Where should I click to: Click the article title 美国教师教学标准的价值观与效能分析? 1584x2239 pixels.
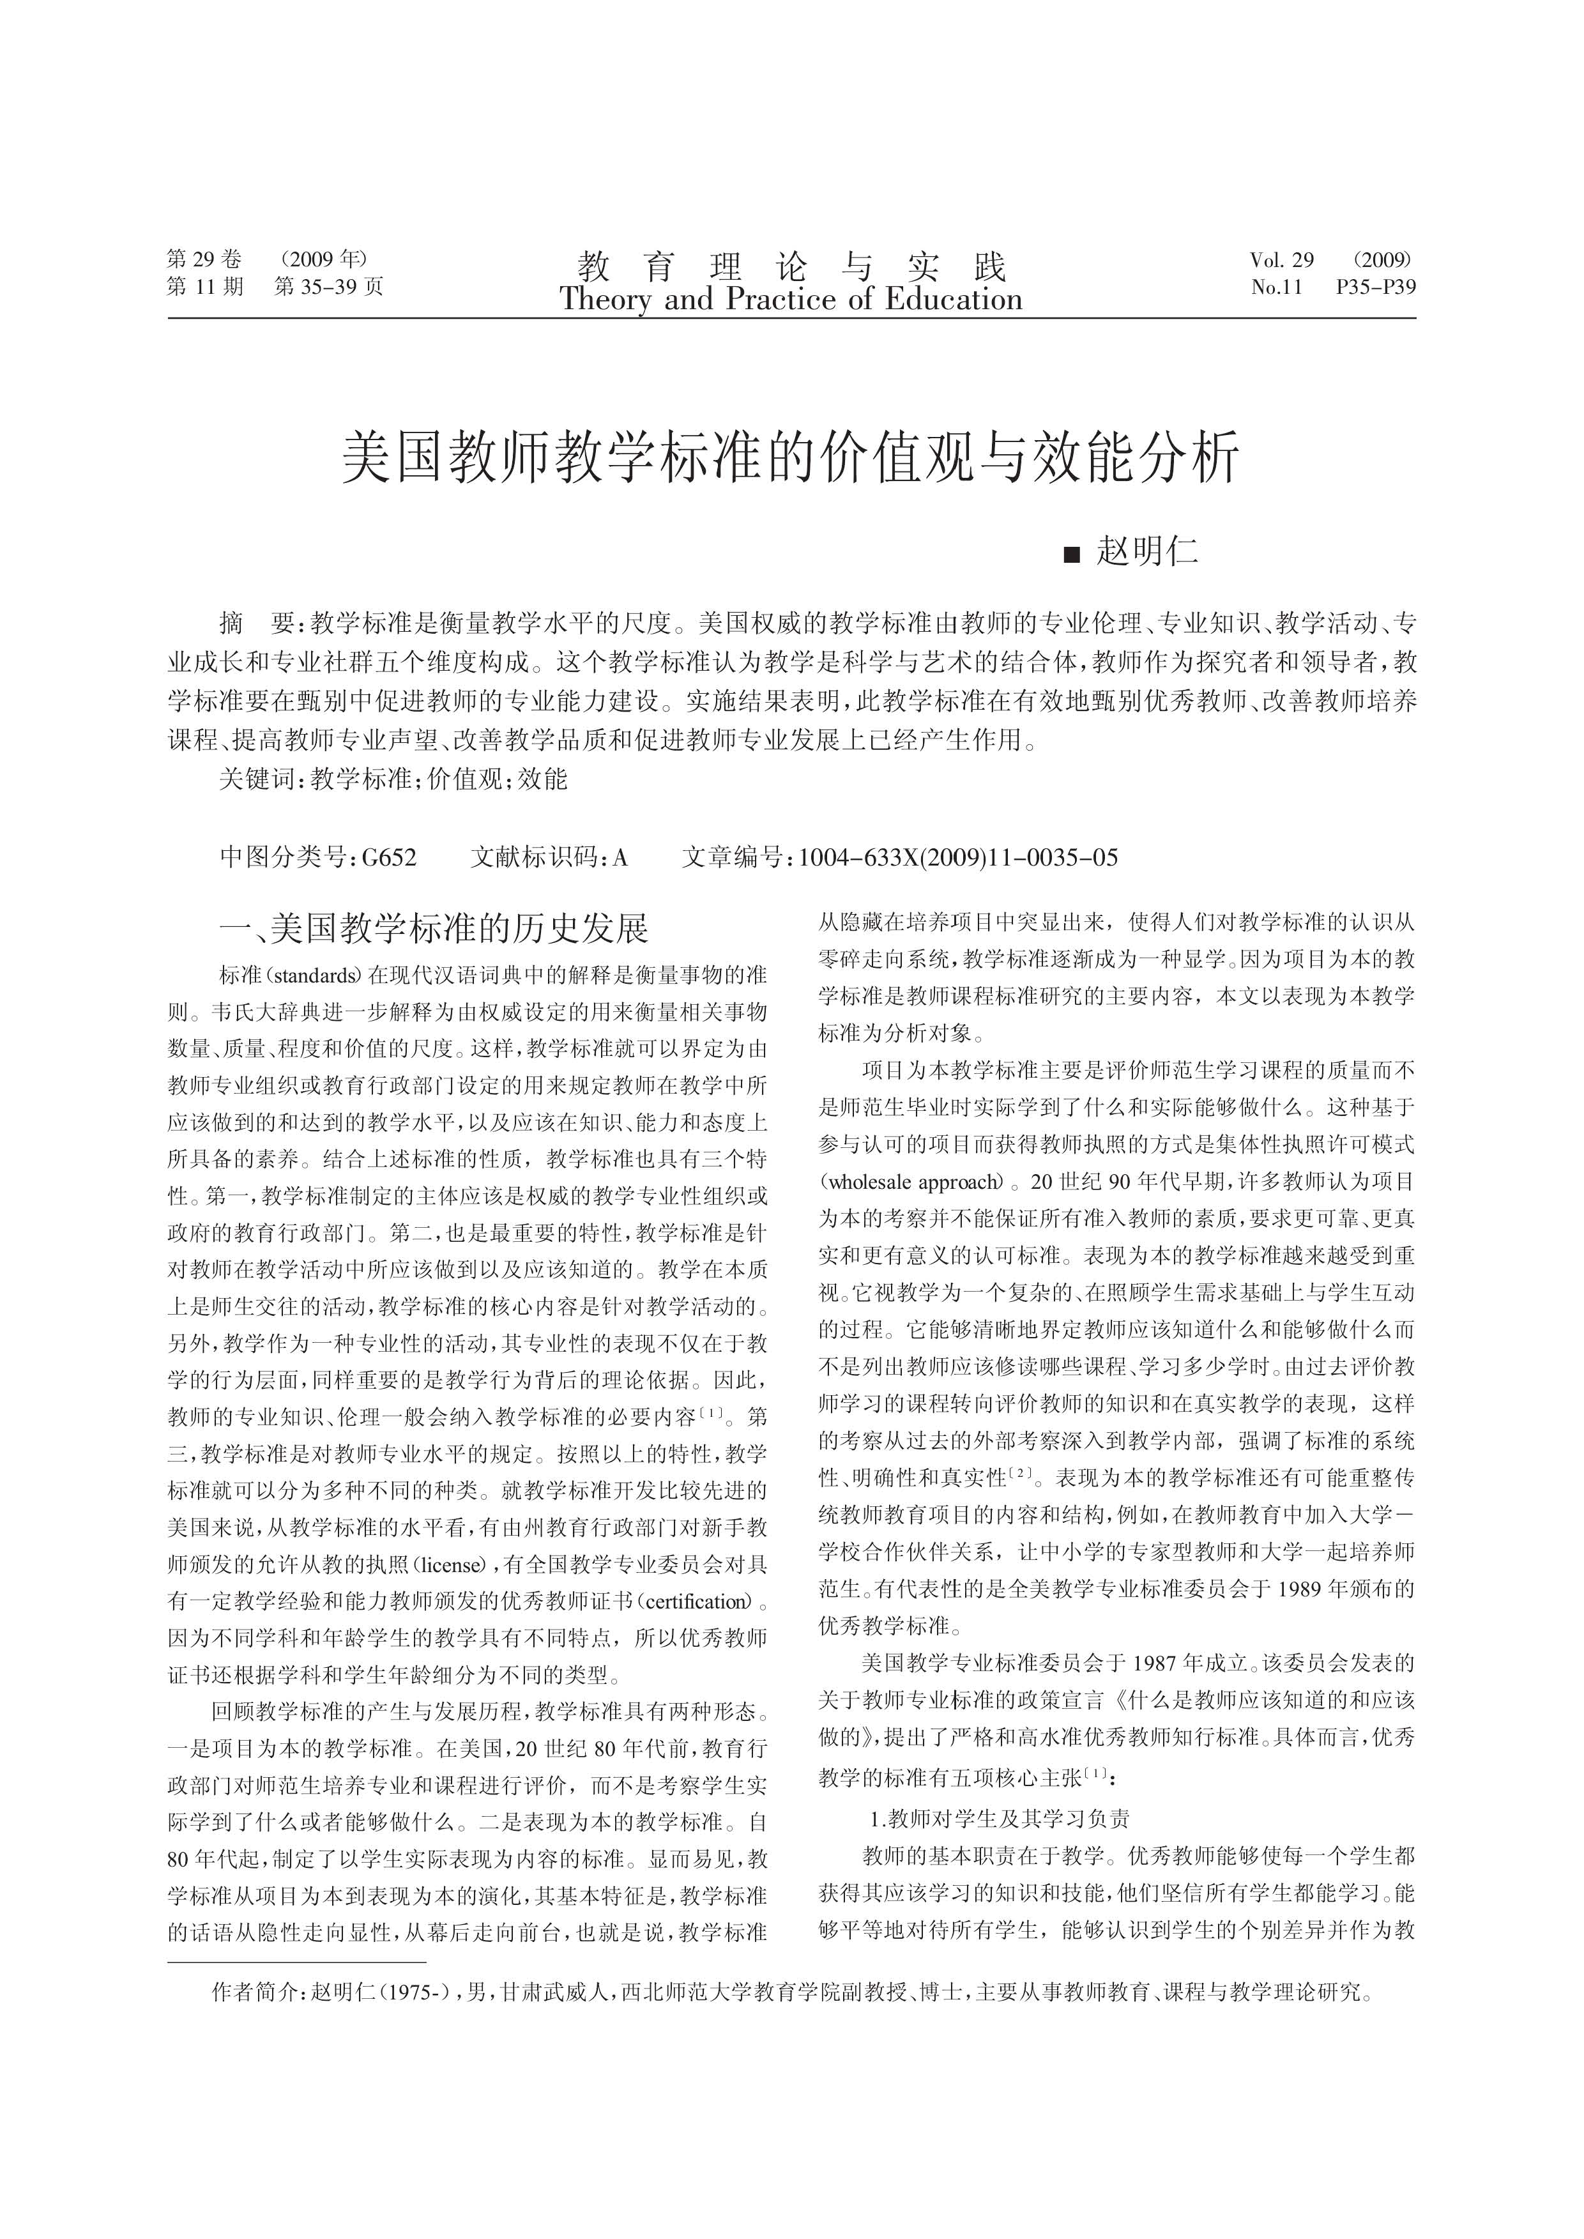coord(791,457)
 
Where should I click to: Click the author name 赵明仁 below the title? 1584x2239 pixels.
coord(1147,552)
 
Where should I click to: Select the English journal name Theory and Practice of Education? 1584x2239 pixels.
coord(791,300)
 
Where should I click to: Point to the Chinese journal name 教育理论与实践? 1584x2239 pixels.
coord(791,265)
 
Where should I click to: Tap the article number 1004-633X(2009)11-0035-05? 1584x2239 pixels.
coord(958,857)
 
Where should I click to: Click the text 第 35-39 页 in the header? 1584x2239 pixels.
coord(329,287)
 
